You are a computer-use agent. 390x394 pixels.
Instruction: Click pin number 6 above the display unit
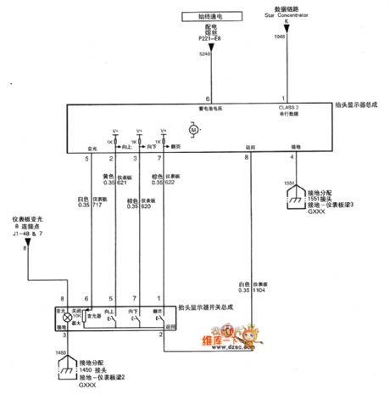coord(207,99)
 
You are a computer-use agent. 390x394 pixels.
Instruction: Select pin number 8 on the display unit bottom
coord(247,158)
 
